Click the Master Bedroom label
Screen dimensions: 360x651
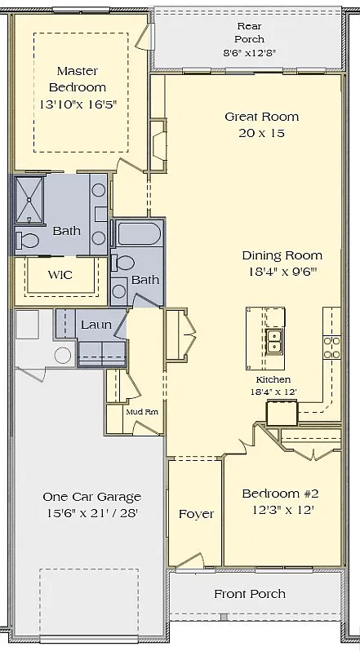pyautogui.click(x=78, y=79)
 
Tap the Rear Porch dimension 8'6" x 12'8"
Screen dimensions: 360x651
pyautogui.click(x=250, y=53)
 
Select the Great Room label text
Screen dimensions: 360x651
pyautogui.click(x=261, y=117)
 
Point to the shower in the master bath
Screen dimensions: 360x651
pyautogui.click(x=29, y=201)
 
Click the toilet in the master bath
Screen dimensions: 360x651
pyautogui.click(x=28, y=241)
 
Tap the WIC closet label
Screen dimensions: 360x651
pyautogui.click(x=60, y=275)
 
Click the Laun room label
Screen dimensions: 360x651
pyautogui.click(x=96, y=325)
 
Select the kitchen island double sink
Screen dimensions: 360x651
pyautogui.click(x=274, y=341)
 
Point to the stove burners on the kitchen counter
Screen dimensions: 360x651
pyautogui.click(x=331, y=348)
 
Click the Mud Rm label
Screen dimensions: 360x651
pyautogui.click(x=142, y=412)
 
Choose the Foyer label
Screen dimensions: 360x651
pyautogui.click(x=197, y=515)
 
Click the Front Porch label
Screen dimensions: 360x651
pyautogui.click(x=250, y=594)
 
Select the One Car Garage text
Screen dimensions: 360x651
pyautogui.click(x=92, y=497)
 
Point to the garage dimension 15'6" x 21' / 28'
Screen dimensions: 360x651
pyautogui.click(x=92, y=514)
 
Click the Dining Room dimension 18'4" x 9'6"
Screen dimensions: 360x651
pyautogui.click(x=283, y=272)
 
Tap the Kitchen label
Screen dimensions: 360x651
pyautogui.click(x=273, y=379)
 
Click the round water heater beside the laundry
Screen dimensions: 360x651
pyautogui.click(x=63, y=356)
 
